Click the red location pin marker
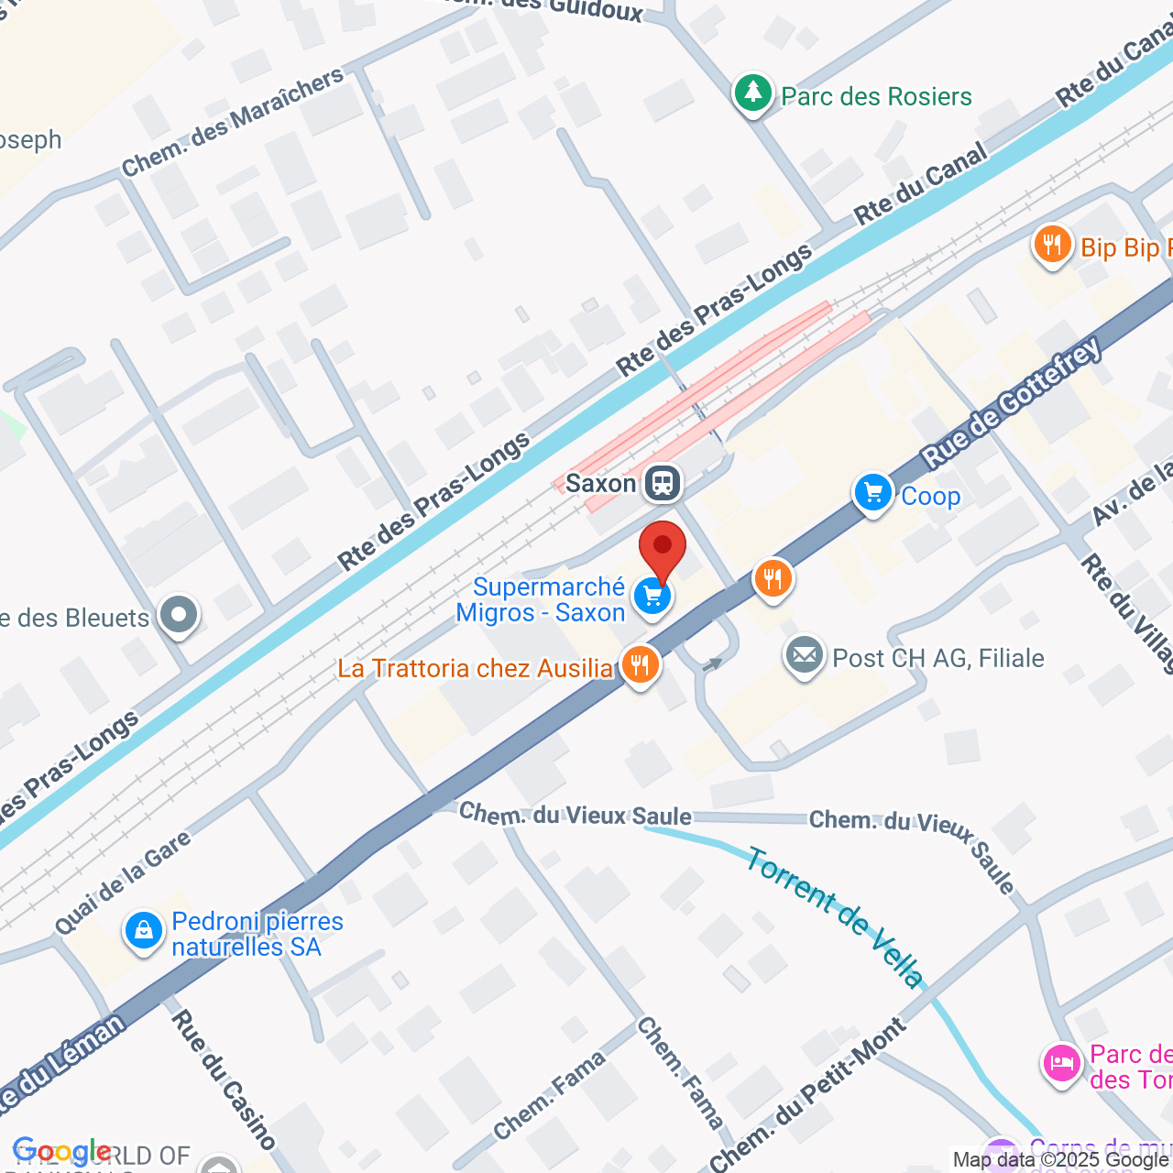coord(662,547)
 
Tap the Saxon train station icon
coord(662,482)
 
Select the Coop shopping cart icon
coord(872,495)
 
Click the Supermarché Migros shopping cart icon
coord(652,597)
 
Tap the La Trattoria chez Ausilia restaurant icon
coord(640,666)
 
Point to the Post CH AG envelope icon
coord(805,657)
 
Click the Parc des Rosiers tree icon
coord(753,93)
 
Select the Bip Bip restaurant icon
coord(1052,246)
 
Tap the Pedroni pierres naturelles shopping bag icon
coord(144,932)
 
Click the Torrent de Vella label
coord(835,917)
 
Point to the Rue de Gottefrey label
coord(1012,402)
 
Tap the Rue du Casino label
coord(223,1079)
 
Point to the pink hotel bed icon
coord(1061,1064)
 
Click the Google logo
coord(60,1152)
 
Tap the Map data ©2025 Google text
coord(1061,1160)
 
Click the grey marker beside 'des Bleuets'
coord(178,616)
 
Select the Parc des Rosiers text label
coord(876,96)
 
